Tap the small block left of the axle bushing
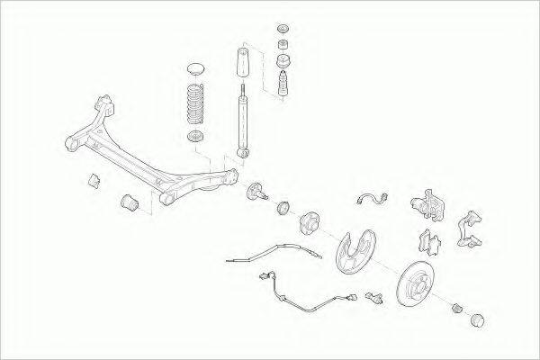click(x=93, y=179)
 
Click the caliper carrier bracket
click(x=472, y=229)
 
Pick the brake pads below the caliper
click(x=427, y=240)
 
